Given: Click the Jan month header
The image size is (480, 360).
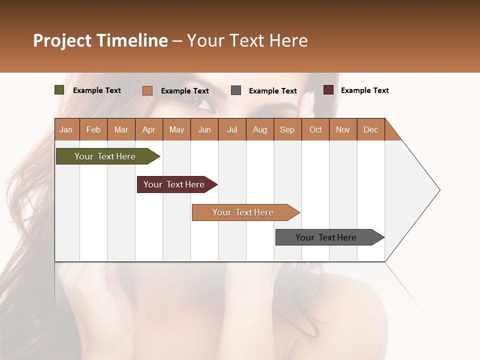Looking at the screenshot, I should (x=66, y=129).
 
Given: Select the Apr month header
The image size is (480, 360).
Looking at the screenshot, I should (x=149, y=129).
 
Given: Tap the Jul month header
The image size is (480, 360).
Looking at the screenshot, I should (x=232, y=129).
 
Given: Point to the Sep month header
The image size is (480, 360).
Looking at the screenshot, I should (x=287, y=129).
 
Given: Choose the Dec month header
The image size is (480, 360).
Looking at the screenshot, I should (x=370, y=129).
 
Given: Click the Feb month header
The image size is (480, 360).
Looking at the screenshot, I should (x=93, y=129).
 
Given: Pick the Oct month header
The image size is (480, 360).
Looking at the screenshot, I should (x=315, y=129).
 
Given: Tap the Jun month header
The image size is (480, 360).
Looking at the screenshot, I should (x=204, y=129).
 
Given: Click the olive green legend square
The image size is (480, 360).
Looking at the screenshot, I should (x=59, y=90).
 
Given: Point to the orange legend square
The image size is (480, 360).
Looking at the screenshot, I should (x=147, y=90).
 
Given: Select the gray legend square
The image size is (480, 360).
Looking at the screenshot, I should (x=236, y=90).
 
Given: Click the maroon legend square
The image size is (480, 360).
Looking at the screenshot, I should (x=328, y=90).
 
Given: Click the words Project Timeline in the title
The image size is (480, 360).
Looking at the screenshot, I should (x=100, y=40).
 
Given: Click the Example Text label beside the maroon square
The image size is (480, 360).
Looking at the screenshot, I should (x=364, y=90).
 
